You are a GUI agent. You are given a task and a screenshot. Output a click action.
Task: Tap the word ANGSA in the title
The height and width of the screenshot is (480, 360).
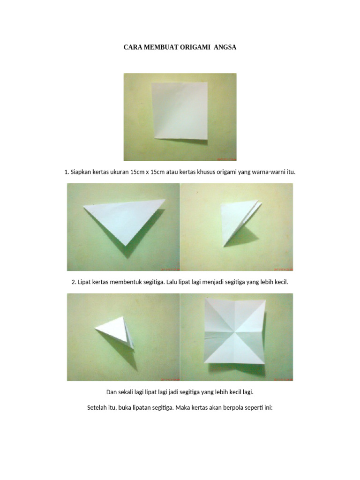225,47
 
